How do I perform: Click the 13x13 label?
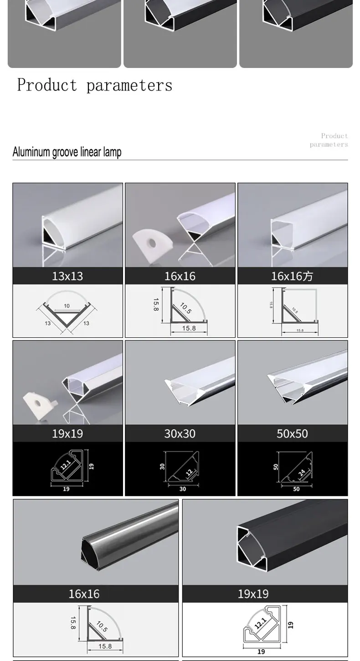(x=67, y=276)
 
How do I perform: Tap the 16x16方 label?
(x=292, y=276)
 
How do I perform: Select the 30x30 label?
(x=180, y=434)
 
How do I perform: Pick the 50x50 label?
(x=292, y=434)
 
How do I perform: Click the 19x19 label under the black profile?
(x=253, y=594)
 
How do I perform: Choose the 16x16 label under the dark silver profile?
(x=84, y=594)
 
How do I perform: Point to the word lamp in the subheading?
(x=112, y=152)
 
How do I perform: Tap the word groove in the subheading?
(x=65, y=152)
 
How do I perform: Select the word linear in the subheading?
(x=90, y=152)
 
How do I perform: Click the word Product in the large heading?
(x=47, y=85)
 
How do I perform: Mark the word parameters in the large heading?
(x=129, y=85)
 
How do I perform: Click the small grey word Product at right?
(x=334, y=136)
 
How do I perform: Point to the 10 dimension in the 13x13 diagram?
(x=67, y=306)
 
